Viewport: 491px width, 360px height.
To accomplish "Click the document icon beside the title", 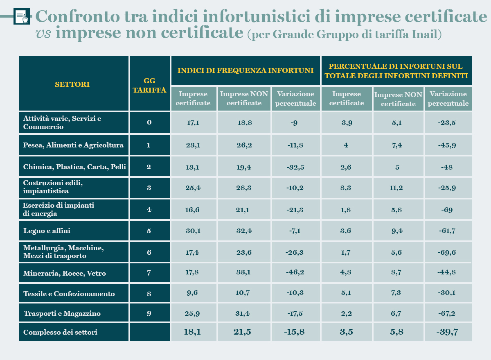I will pos(22,17).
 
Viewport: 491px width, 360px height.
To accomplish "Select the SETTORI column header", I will pos(72,84).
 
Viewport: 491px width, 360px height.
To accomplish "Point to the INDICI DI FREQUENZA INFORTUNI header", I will pos(245,70).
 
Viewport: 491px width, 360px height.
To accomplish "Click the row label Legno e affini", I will pos(47,231).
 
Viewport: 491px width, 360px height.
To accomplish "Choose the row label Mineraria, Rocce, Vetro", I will pos(65,273).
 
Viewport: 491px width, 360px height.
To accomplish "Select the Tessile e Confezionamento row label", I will pos(69,294).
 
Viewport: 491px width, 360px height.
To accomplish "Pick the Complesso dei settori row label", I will pos(61,332).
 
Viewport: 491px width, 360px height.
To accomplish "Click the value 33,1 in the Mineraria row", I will pos(244,273).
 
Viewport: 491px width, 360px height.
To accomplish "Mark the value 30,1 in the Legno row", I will pos(193,231).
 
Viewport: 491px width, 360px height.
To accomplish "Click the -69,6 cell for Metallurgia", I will pos(448,252).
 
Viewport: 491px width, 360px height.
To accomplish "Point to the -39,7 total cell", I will pos(448,332).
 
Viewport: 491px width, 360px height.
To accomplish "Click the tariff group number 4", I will pos(149,209).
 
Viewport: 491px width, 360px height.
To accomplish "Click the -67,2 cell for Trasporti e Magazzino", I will pos(448,313).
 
